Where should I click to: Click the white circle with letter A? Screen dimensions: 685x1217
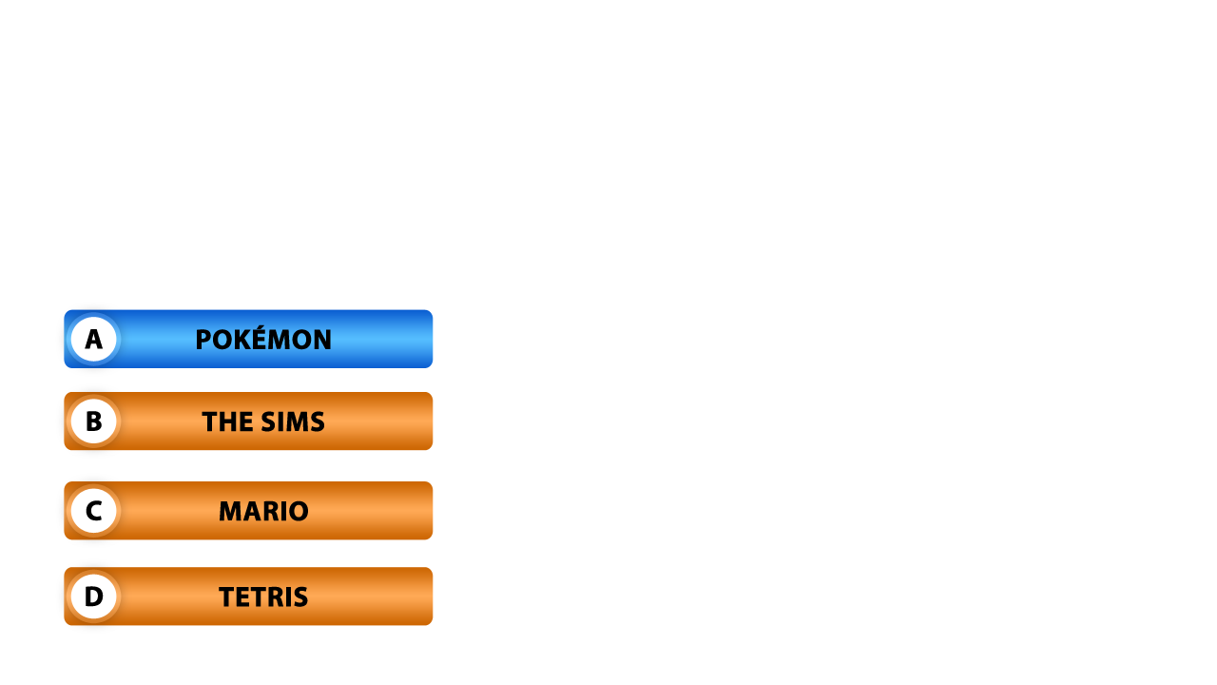pyautogui.click(x=93, y=339)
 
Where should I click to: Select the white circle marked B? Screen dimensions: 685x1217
pyautogui.click(x=93, y=421)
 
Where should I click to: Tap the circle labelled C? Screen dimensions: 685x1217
pyautogui.click(x=93, y=511)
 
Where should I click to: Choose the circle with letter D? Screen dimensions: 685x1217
pyautogui.click(x=93, y=597)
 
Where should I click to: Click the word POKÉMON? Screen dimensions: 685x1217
pyautogui.click(x=263, y=340)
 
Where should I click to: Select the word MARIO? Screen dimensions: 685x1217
pyautogui.click(x=263, y=512)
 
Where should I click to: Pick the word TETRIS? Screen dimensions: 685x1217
pyautogui.click(x=263, y=597)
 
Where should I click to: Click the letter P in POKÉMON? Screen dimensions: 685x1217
pyautogui.click(x=203, y=340)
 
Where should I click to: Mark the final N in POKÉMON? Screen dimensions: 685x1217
pyautogui.click(x=322, y=340)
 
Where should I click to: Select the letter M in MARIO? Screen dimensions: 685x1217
pyautogui.click(x=231, y=512)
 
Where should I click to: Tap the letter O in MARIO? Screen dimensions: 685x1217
pyautogui.click(x=298, y=512)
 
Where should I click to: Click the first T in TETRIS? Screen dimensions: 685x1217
pyautogui.click(x=226, y=597)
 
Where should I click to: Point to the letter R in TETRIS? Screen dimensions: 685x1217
pyautogui.click(x=275, y=597)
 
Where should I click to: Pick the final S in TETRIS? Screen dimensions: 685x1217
pyautogui.click(x=300, y=597)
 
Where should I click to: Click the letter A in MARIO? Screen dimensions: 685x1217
pyautogui.click(x=252, y=512)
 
